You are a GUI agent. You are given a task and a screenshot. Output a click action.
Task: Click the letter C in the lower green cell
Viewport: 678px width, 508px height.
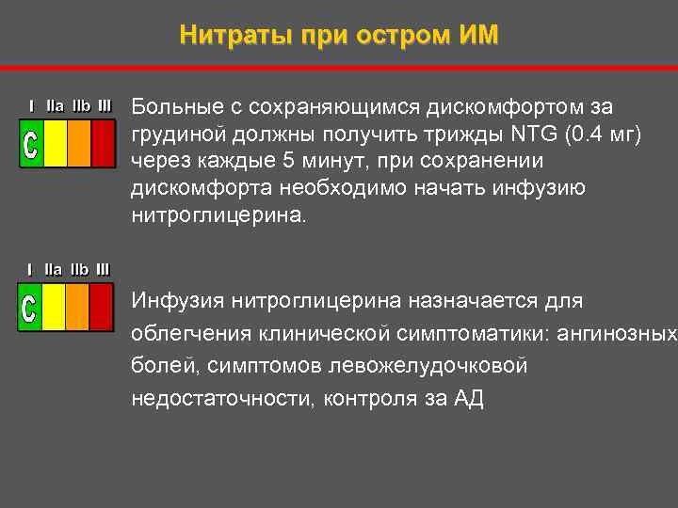coord(30,308)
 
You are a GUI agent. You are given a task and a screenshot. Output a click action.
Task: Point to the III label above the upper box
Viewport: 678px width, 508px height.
coord(104,106)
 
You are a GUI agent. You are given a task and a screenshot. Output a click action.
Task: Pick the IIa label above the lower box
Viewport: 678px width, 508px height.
coord(54,270)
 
